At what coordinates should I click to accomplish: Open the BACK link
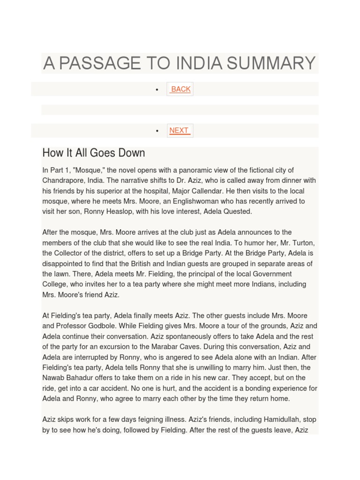pyautogui.click(x=180, y=89)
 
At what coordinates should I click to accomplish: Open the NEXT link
pyautogui.click(x=179, y=130)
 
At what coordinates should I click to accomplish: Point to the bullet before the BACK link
pyautogui.click(x=157, y=90)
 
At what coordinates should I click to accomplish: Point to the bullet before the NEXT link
pyautogui.click(x=157, y=131)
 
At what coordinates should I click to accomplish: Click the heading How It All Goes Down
pyautogui.click(x=93, y=153)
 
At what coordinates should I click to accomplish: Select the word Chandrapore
pyautogui.click(x=63, y=180)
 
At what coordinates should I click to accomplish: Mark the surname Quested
pyautogui.click(x=236, y=211)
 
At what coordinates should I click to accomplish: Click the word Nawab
pyautogui.click(x=53, y=378)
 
